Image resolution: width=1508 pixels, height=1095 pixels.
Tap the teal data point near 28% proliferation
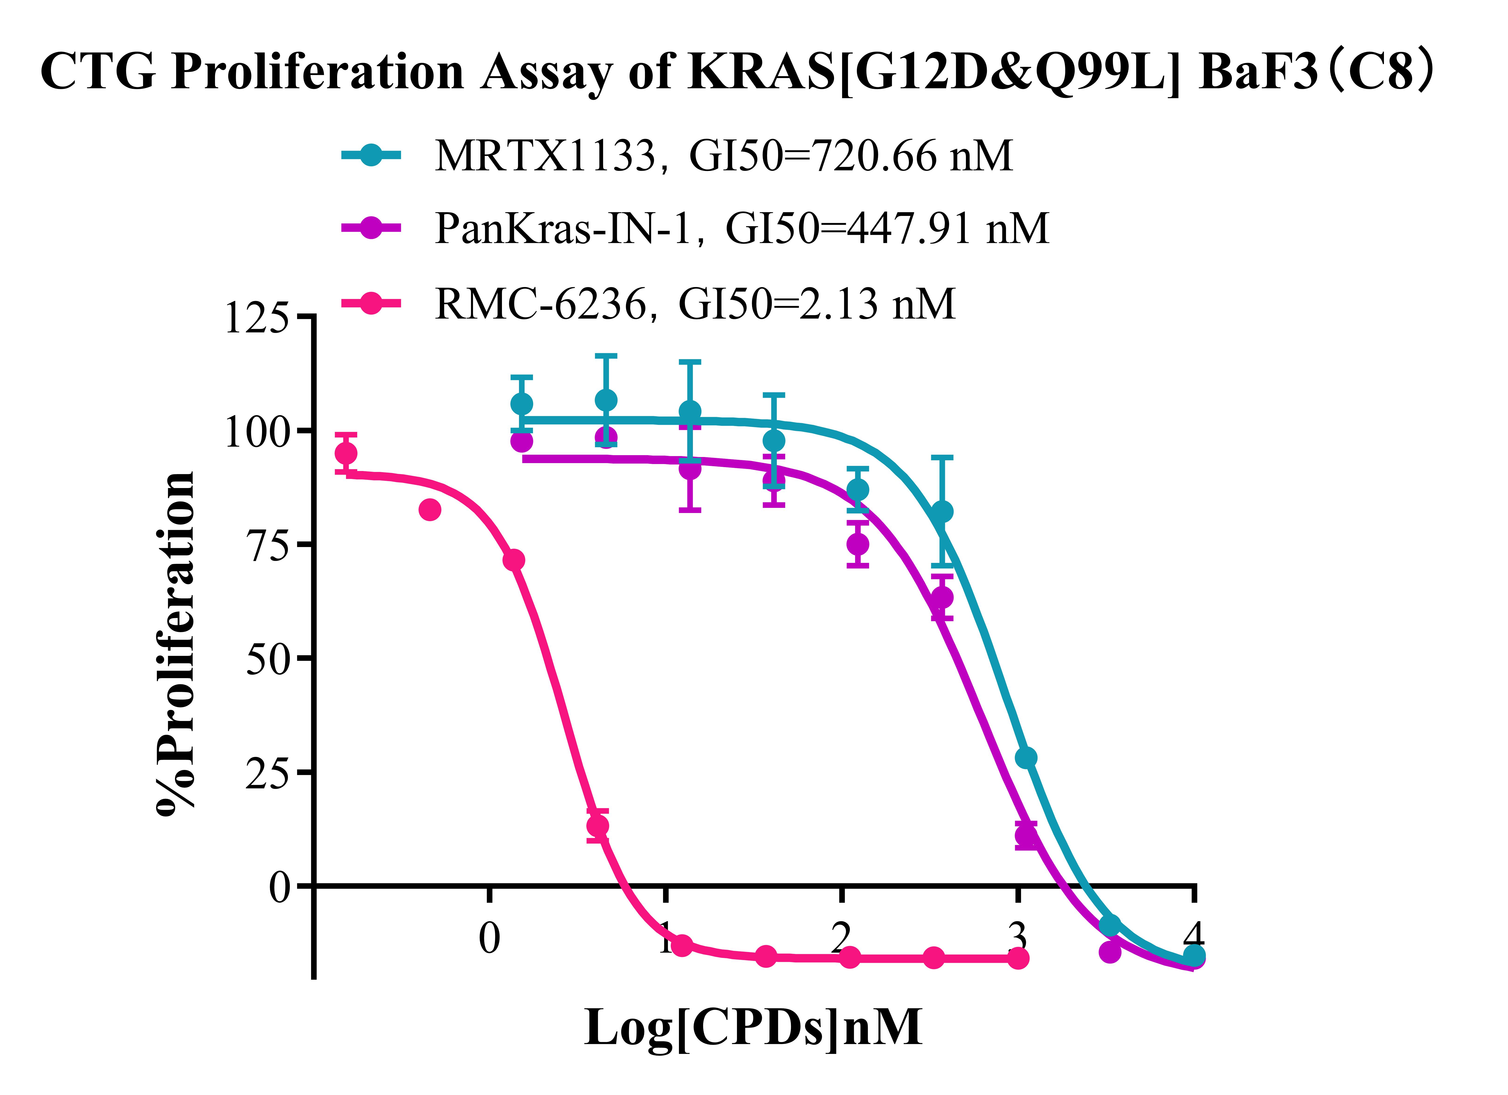1026,758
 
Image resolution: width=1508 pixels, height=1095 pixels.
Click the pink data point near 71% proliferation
513,560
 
